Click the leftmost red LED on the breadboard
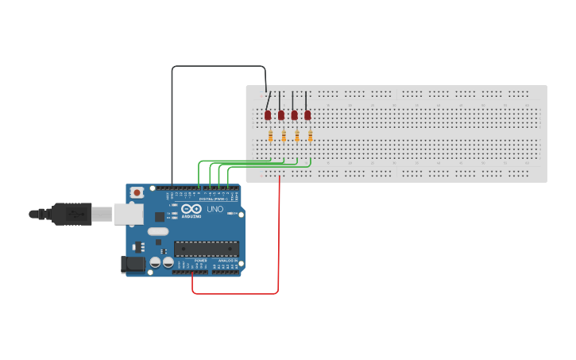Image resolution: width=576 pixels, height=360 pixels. [x=268, y=114]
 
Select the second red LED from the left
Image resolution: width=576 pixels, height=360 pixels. [x=281, y=114]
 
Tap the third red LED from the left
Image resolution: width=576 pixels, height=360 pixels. [x=294, y=114]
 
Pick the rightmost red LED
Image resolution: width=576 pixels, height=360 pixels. [x=307, y=114]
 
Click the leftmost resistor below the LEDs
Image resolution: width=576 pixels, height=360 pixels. [x=271, y=136]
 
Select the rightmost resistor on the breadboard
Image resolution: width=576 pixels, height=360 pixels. [x=310, y=136]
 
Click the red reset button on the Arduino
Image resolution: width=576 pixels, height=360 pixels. [x=137, y=192]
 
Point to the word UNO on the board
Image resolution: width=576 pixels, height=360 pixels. [x=215, y=209]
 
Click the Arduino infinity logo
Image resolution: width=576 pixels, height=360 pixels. [x=191, y=209]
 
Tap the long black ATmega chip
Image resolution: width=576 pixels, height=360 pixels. [x=206, y=248]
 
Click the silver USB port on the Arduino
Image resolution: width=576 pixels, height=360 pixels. [x=126, y=213]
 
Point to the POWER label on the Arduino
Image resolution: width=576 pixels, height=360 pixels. [x=200, y=260]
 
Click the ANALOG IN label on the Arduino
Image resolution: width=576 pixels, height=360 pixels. [x=226, y=260]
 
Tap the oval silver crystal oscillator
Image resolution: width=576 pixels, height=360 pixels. [x=158, y=232]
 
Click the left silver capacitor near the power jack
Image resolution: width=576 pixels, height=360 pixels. [x=156, y=261]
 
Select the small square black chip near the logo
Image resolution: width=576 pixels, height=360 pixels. [x=160, y=215]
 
